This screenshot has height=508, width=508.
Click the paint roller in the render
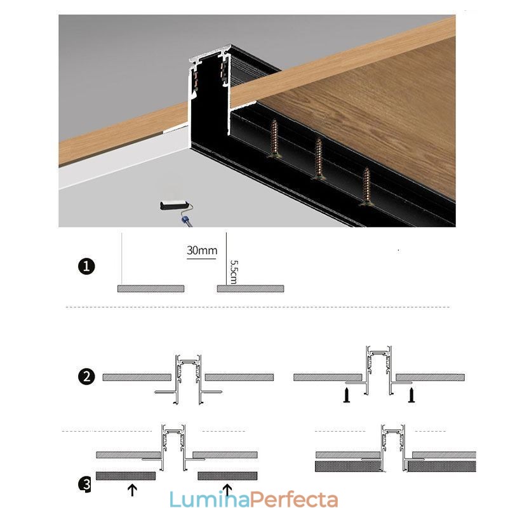coord(175,206)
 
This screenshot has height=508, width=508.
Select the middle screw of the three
coord(319,160)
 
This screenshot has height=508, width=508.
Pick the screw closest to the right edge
coord(366,187)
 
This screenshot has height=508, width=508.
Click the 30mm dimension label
coord(202,250)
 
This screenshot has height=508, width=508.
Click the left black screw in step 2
coord(346,396)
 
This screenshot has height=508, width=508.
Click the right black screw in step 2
coord(411,396)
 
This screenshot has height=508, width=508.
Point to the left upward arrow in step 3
coord(132,489)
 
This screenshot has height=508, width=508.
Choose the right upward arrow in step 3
coord(227,489)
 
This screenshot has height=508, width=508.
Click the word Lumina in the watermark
coord(202,500)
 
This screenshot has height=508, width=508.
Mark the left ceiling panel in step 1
coord(150,289)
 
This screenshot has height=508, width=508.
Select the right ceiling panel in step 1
coord(250,289)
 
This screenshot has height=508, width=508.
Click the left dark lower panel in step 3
coord(126,475)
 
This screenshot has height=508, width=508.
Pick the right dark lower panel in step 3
coord(227,475)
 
